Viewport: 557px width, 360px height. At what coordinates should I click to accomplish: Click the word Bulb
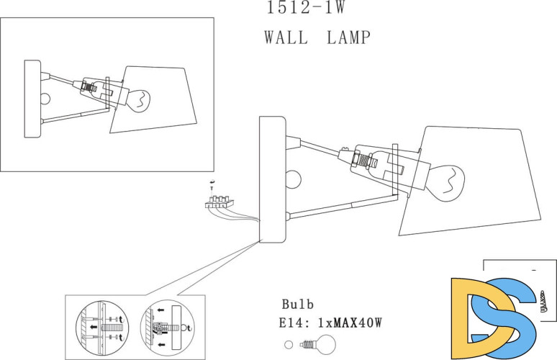coord(297,305)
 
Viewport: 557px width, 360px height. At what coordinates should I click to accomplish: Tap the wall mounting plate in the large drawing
coord(272,179)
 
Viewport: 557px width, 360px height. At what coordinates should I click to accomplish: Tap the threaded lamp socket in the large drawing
coord(360,158)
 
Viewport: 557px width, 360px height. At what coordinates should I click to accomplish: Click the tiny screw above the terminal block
coord(212,184)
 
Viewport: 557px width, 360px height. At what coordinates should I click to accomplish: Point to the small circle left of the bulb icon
coord(289,343)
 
